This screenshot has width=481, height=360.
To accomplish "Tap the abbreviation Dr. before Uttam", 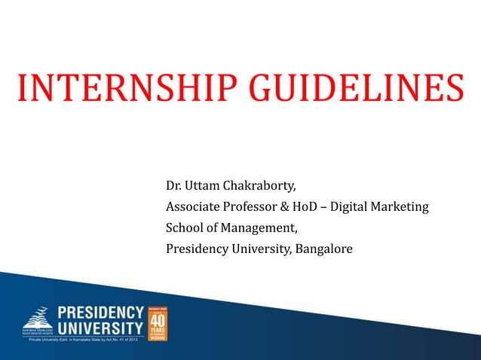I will [x=174, y=185].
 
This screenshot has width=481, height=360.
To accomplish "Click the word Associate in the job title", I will [x=193, y=206].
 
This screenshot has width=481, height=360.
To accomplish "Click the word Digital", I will [x=356, y=206].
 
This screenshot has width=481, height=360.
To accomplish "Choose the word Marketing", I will [x=403, y=206].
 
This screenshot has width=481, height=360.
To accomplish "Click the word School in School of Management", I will [x=184, y=227].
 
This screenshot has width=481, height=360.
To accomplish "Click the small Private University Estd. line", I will [x=83, y=340].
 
